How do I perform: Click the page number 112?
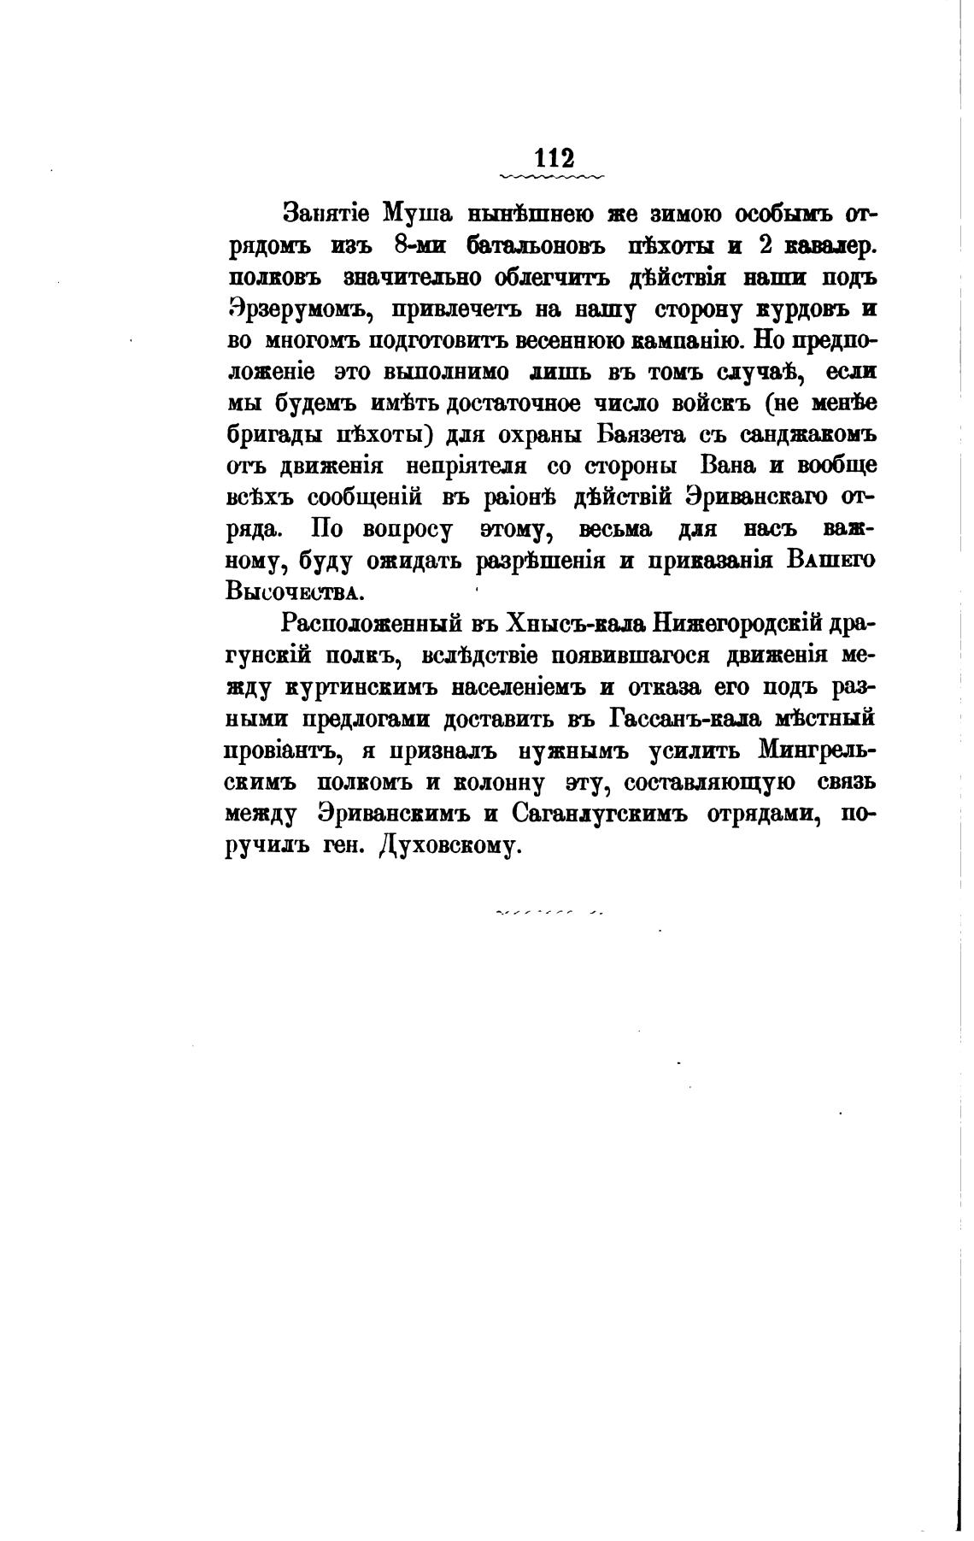(x=554, y=159)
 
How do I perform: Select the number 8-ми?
(x=425, y=246)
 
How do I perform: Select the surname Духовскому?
(x=449, y=846)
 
